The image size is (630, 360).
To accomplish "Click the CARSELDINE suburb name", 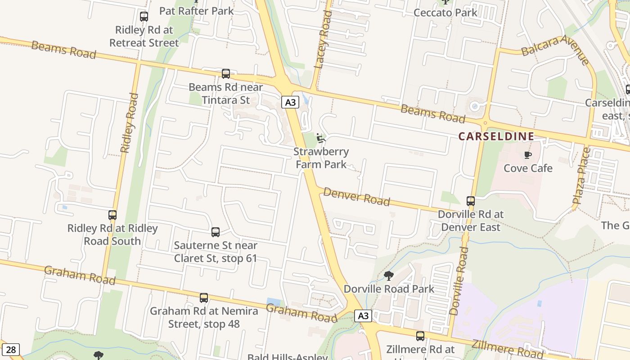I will coord(496,136).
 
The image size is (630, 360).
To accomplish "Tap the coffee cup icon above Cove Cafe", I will coord(527,155).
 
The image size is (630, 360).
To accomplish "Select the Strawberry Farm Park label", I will coord(321,158).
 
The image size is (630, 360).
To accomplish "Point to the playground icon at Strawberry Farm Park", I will coord(320,138).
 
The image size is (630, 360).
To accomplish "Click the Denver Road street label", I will coord(356,197).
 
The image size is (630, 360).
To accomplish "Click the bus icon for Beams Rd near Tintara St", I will coord(226,73).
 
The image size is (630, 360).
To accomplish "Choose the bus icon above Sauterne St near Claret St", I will coord(216,232).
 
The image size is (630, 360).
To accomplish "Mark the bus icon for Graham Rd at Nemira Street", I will coord(204,297).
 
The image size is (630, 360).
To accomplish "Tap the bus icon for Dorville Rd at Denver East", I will coord(471,201).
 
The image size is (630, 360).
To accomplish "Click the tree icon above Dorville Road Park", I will coord(389,275).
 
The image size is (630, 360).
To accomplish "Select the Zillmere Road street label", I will coord(508,347).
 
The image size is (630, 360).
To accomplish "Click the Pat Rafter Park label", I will coord(196,11).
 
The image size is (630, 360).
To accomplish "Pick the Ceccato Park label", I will coord(445,13).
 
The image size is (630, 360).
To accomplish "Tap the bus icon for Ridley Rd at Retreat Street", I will coord(144,17).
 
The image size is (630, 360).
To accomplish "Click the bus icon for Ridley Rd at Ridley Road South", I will coord(112,215).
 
